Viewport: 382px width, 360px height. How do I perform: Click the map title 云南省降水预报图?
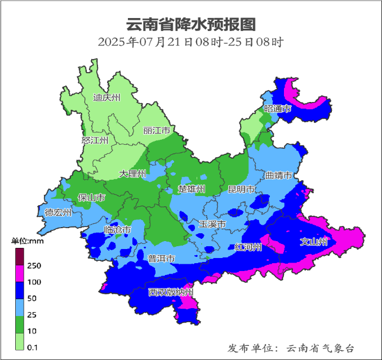[x=190, y=24]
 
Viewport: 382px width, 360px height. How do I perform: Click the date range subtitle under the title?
[x=190, y=42]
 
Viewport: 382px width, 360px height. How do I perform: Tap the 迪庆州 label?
[x=106, y=97]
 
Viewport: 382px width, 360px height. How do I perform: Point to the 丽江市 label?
[x=157, y=131]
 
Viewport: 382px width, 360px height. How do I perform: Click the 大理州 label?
[x=132, y=174]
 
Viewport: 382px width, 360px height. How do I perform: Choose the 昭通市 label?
[x=278, y=108]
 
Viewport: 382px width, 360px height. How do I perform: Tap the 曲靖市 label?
[x=279, y=176]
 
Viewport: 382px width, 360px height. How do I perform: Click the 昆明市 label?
[x=242, y=189]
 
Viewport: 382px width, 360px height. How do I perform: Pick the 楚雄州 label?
[x=192, y=188]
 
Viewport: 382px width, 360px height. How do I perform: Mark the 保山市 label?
[x=91, y=198]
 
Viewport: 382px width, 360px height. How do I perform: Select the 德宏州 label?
[x=59, y=212]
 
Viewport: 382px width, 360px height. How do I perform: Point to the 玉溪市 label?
[x=212, y=224]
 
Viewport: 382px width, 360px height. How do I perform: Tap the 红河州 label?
[x=248, y=247]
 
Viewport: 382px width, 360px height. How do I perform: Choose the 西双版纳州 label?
[x=171, y=292]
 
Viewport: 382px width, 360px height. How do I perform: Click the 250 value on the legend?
[x=34, y=265]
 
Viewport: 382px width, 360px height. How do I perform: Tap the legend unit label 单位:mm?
[x=28, y=241]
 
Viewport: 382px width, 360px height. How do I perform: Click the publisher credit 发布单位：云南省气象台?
[x=291, y=348]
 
